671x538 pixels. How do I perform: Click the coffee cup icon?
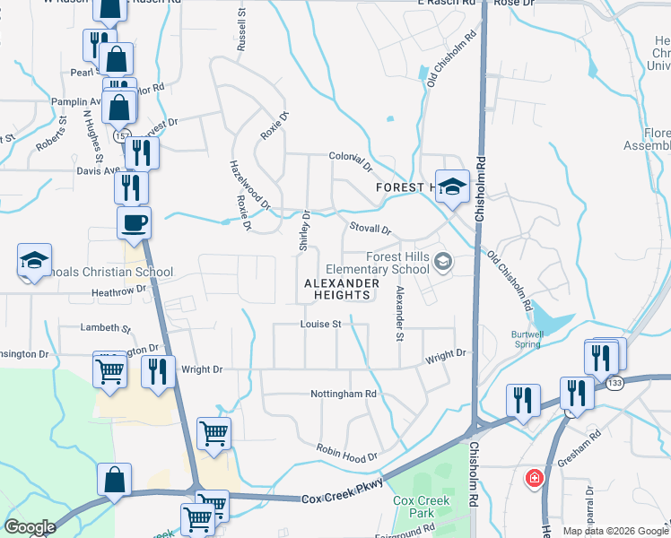pyautogui.click(x=134, y=221)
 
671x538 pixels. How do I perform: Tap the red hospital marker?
pyautogui.click(x=535, y=479)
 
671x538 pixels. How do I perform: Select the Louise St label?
pyautogui.click(x=321, y=324)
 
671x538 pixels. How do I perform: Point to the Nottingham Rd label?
pyautogui.click(x=344, y=394)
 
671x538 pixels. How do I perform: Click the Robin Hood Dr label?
pyautogui.click(x=347, y=451)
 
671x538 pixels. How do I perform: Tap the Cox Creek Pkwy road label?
pyautogui.click(x=342, y=491)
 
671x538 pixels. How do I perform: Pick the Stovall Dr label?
pyautogui.click(x=371, y=230)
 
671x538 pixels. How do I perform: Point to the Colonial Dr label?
pyautogui.click(x=350, y=160)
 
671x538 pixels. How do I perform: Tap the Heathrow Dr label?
pyautogui.click(x=118, y=291)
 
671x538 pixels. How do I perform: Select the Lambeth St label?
pyautogui.click(x=105, y=328)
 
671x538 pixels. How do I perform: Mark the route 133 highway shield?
pyautogui.click(x=614, y=383)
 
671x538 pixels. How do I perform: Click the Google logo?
pyautogui.click(x=30, y=527)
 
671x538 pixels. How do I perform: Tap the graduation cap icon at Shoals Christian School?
pyautogui.click(x=34, y=260)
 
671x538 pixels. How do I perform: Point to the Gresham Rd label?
pyautogui.click(x=610, y=431)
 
